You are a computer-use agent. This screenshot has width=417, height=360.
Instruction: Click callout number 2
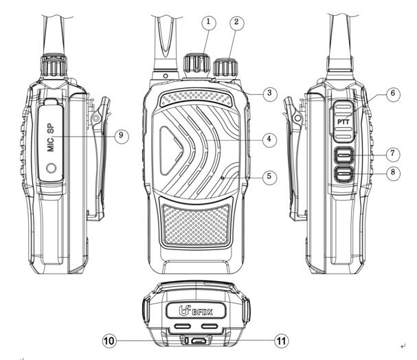point(237,22)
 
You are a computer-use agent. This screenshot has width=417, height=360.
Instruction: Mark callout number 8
point(392,172)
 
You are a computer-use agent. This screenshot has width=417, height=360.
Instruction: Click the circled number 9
point(122,135)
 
